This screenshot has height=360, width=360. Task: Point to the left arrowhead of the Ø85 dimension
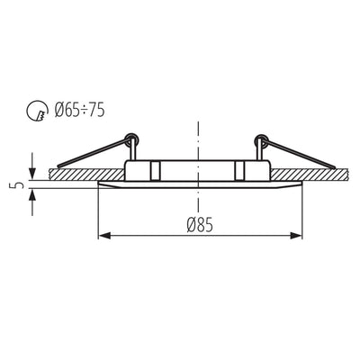pyautogui.click(x=103, y=237)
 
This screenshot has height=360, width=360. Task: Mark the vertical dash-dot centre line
pyautogui.click(x=195, y=135)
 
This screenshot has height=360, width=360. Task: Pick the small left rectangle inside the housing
pyautogui.click(x=154, y=169)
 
